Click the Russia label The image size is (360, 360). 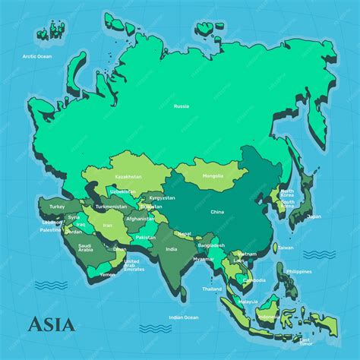[181, 106]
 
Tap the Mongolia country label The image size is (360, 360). [213, 176]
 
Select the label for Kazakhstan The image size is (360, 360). [128, 176]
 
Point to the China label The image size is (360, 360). [217, 212]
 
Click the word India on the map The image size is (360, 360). [172, 248]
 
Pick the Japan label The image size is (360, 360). [314, 216]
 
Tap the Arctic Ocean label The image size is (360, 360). [36, 56]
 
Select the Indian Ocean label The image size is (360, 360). [183, 317]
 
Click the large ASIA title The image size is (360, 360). [52, 324]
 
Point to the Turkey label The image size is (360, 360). [57, 206]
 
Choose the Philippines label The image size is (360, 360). [299, 271]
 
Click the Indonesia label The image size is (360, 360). [269, 317]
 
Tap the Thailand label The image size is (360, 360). [212, 289]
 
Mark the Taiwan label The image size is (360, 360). [285, 248]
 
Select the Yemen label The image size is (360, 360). [108, 274]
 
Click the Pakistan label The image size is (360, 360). [145, 237]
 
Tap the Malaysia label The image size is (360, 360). [248, 302]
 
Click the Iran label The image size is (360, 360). [107, 225]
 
